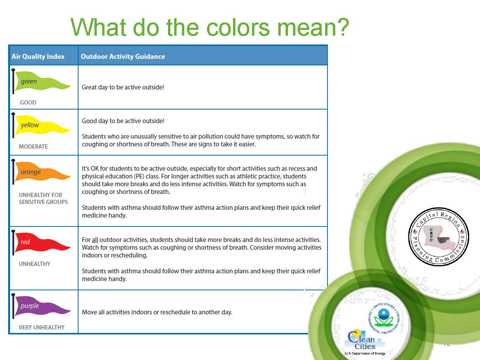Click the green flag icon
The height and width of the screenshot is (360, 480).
(41, 81)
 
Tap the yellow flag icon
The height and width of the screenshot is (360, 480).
(41, 125)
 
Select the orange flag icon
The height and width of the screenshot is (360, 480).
(41, 172)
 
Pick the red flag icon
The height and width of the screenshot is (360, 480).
(41, 242)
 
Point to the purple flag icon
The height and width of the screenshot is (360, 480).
(41, 306)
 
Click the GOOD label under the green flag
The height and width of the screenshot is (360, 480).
(28, 103)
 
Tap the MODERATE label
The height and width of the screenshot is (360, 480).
(33, 146)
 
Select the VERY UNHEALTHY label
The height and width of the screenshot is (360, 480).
(41, 327)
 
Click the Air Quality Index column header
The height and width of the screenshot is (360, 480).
(38, 57)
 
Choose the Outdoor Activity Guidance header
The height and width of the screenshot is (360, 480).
(123, 57)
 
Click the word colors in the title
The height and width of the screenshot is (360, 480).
(238, 28)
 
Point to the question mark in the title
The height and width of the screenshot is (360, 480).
(343, 27)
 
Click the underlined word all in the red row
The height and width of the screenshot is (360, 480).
(95, 240)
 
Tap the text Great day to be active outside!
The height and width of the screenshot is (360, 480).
(123, 87)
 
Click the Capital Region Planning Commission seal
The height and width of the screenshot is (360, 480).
(438, 237)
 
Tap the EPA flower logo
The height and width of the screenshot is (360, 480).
(384, 318)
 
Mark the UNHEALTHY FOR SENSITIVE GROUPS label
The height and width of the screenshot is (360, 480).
(43, 199)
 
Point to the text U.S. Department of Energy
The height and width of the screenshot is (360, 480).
(365, 353)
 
